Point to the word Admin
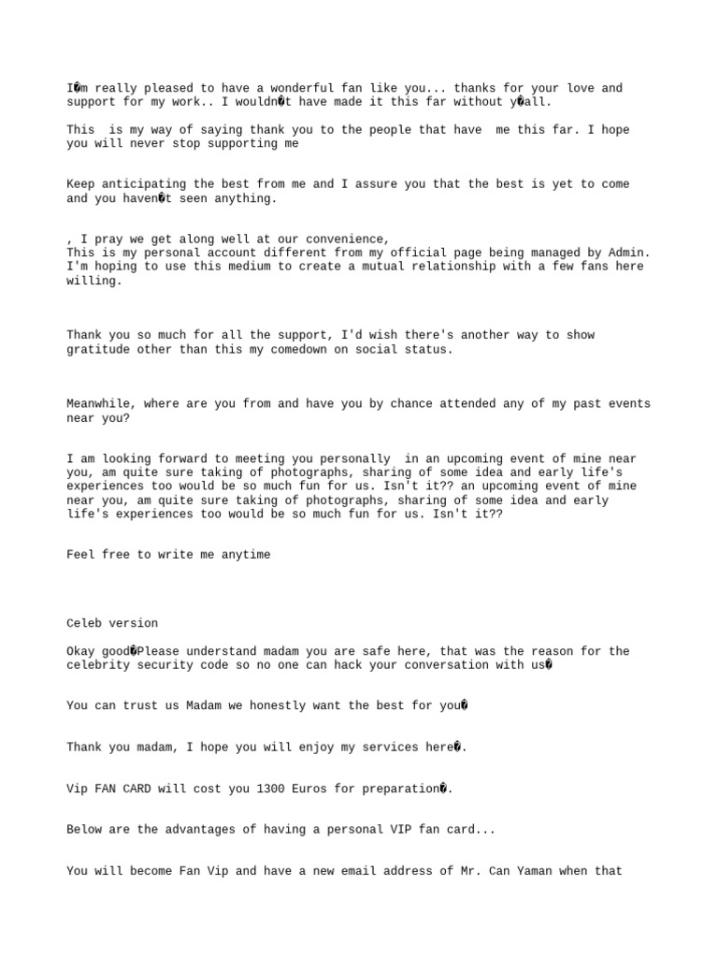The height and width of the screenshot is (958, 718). tap(627, 253)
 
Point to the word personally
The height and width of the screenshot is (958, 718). tap(356, 458)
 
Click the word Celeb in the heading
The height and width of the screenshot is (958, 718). tap(84, 623)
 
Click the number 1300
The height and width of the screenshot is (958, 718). tap(270, 789)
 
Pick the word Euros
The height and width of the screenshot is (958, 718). tap(311, 789)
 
